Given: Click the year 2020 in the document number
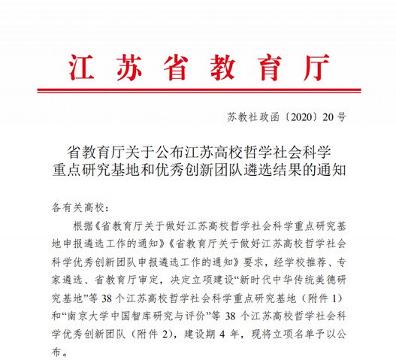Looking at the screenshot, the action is pyautogui.click(x=300, y=118).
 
